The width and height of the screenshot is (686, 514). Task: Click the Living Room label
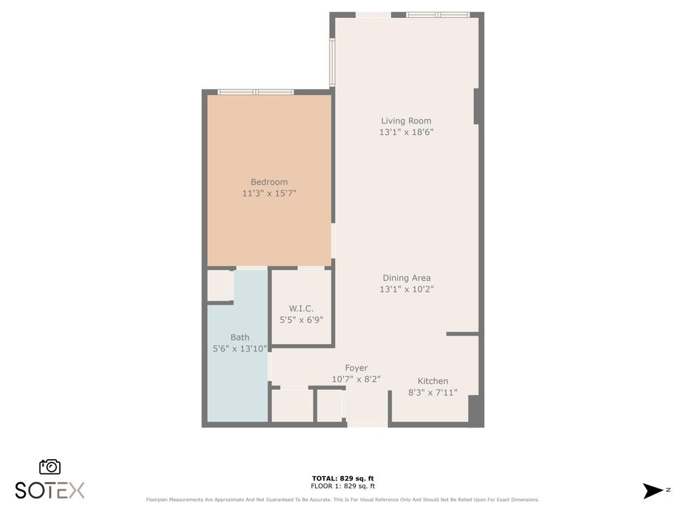tap(406, 121)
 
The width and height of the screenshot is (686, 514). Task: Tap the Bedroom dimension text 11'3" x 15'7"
tap(269, 193)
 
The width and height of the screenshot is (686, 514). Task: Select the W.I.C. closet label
tap(302, 308)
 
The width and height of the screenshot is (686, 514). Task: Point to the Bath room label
tap(239, 337)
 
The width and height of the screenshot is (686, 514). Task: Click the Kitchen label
tap(432, 381)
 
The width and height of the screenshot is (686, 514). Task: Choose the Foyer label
tap(356, 368)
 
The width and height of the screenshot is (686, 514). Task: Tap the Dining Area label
tap(406, 278)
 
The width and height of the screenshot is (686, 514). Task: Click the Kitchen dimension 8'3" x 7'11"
tap(432, 393)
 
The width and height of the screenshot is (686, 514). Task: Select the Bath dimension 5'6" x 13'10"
tap(239, 348)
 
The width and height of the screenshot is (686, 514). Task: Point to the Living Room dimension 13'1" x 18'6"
tap(406, 132)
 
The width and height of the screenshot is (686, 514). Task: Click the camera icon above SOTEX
tap(50, 466)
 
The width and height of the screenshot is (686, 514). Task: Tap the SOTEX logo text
tap(50, 490)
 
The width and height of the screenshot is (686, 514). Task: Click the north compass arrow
tap(653, 490)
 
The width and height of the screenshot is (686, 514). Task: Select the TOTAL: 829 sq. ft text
tap(343, 478)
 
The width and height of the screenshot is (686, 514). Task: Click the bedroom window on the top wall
tap(256, 92)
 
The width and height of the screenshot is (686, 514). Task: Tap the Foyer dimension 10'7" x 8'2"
tap(356, 379)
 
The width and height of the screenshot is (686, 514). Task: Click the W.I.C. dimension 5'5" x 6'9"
tap(302, 320)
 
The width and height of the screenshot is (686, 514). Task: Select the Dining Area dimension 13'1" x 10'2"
tap(406, 289)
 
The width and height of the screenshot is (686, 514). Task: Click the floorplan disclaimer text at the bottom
tap(343, 500)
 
